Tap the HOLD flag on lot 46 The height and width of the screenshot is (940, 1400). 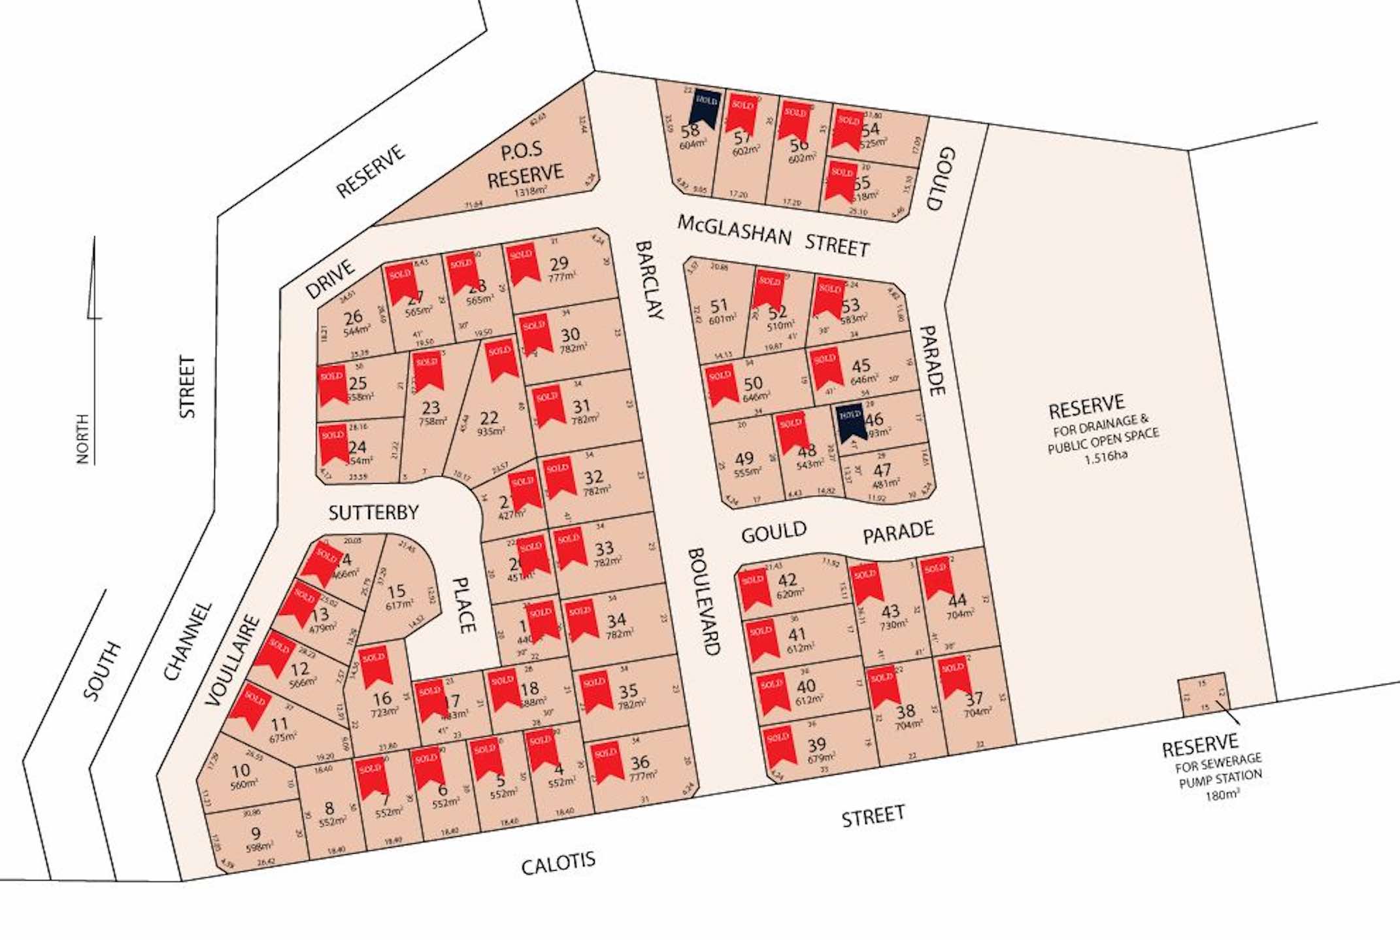pos(851,422)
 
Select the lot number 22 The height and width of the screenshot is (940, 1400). pos(488,418)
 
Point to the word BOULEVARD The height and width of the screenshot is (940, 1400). pos(704,601)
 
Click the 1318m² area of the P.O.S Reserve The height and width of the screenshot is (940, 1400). pos(530,192)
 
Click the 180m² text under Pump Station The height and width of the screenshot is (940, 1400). pos(1222,796)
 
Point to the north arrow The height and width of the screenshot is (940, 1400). pos(93,281)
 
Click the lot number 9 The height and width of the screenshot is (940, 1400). pos(256,833)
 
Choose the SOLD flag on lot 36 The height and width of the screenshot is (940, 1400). pos(607,760)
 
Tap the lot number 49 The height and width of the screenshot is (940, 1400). pos(744,458)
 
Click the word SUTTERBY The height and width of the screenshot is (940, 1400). pos(373,512)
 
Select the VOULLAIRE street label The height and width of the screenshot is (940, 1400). pos(232,660)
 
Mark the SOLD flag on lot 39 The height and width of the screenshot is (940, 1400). pos(778,745)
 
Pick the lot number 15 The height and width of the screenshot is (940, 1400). pos(396,591)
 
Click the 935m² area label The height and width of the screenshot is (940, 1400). pos(490,432)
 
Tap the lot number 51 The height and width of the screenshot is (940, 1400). pos(718,305)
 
